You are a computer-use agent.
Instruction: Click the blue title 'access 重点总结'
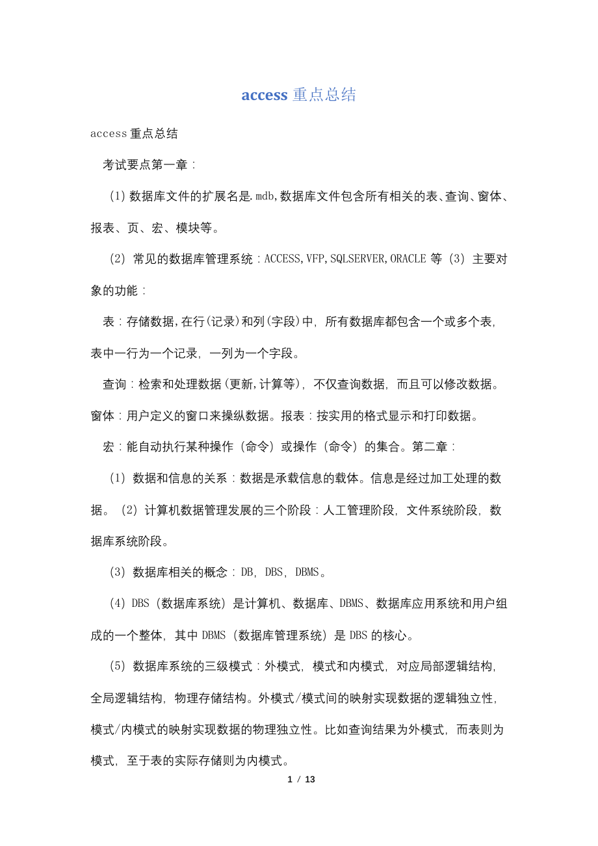pos(298,95)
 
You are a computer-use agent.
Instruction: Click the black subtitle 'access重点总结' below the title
pos(134,134)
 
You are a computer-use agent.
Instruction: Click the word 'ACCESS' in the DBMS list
pos(283,259)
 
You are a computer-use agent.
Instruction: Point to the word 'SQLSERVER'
pos(358,259)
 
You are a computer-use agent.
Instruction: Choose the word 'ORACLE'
pos(408,259)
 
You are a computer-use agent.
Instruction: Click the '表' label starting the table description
pos(109,322)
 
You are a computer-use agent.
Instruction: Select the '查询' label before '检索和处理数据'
pos(114,385)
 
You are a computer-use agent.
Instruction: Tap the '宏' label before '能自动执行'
pos(109,447)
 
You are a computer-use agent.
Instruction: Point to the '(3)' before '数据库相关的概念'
pos(117,572)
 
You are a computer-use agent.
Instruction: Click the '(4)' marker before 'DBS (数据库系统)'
pos(117,604)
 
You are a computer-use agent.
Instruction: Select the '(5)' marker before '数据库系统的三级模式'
pos(117,666)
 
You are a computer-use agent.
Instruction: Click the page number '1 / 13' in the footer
pos(301,779)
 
